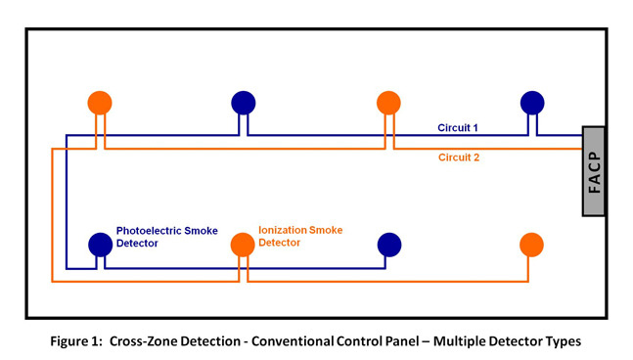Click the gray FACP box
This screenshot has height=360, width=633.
(594, 171)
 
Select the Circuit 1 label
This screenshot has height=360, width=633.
(458, 128)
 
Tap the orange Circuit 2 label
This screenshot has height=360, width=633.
(457, 156)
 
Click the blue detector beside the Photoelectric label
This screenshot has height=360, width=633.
(100, 244)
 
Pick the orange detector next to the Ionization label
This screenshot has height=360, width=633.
(242, 244)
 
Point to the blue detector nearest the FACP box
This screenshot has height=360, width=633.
(531, 102)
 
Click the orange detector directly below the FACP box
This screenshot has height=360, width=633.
(531, 244)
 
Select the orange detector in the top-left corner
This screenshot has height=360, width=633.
(100, 102)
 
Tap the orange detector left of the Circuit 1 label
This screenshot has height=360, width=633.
(388, 102)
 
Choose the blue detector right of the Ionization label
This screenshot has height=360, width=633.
(388, 244)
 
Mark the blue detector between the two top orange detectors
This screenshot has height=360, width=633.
(244, 102)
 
